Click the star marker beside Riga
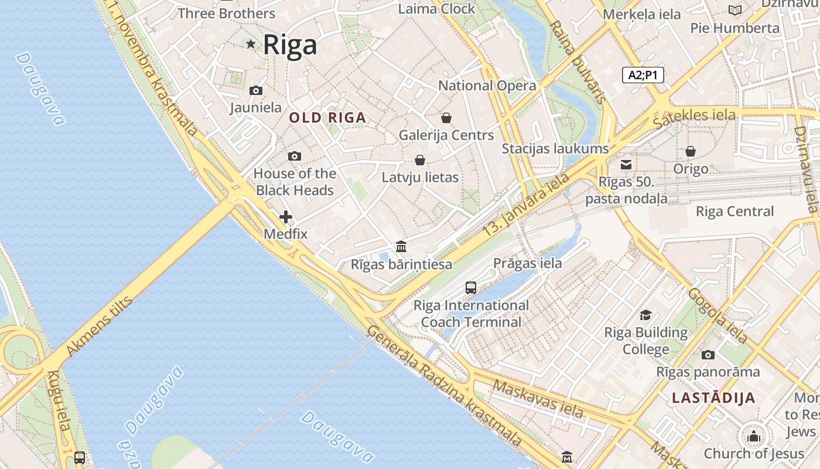251,44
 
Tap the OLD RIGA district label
327,118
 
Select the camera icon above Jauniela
256,90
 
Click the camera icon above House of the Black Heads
295,156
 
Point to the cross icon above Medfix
286,217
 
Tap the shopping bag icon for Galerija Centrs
446,118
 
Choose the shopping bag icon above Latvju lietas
420,160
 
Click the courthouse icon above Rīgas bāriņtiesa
401,246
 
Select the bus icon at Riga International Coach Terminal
471,287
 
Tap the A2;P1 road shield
643,75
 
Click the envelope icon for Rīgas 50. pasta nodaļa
626,165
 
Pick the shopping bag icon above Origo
691,151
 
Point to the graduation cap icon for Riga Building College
645,315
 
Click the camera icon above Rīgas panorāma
708,355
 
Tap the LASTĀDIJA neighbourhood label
713,398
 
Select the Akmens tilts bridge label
100,326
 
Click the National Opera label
487,86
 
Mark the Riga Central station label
734,212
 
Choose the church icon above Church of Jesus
754,436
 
